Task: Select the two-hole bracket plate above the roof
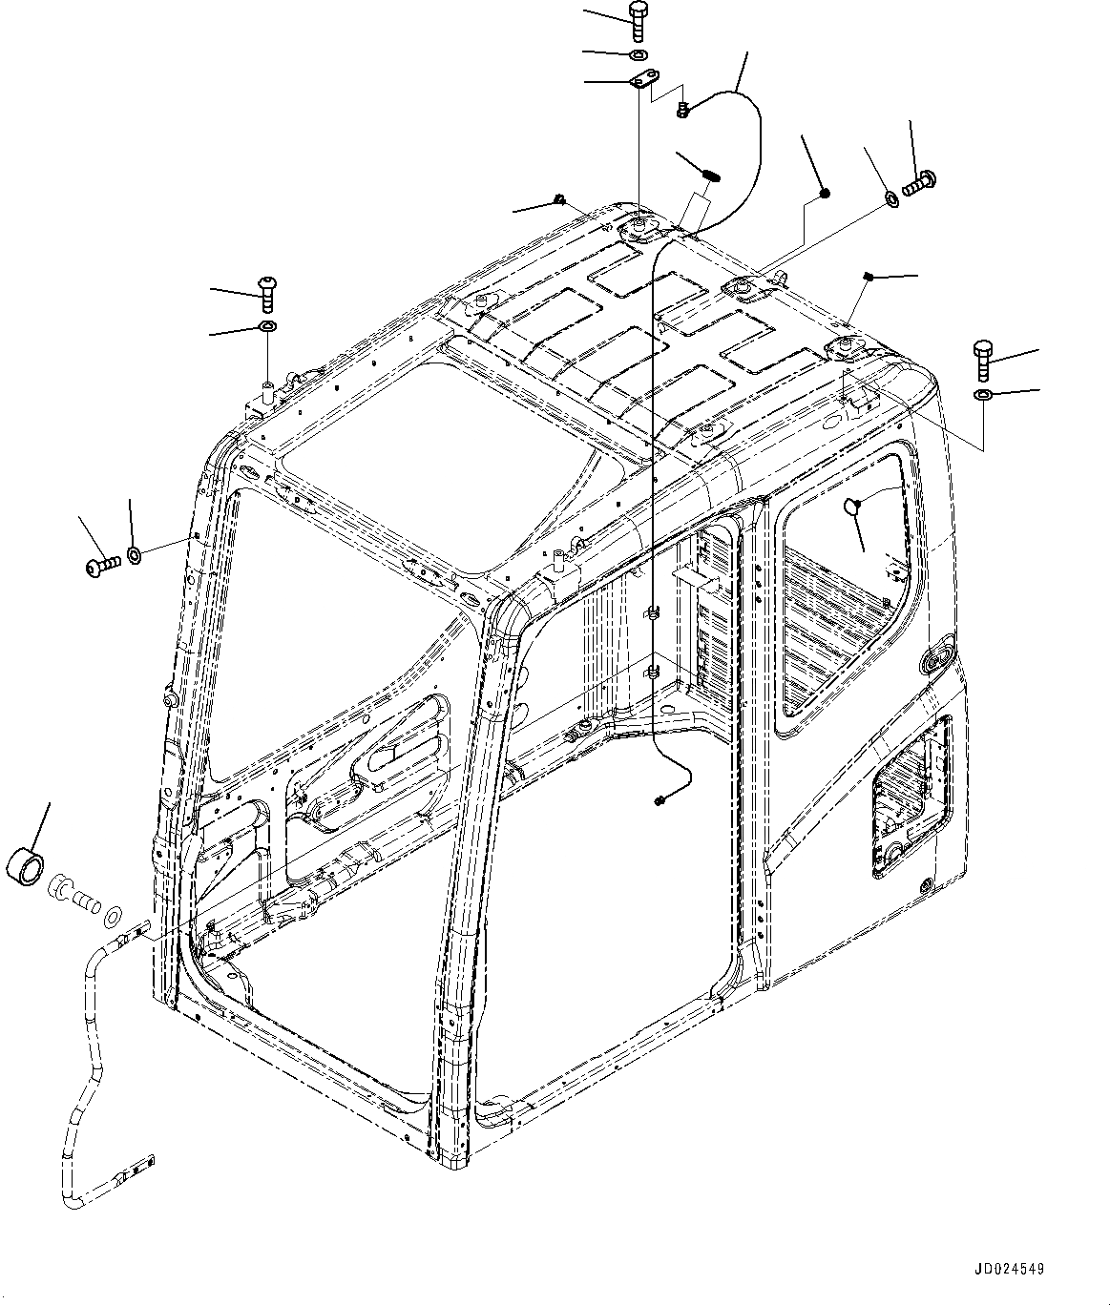[x=640, y=82]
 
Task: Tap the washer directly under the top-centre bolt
[x=638, y=52]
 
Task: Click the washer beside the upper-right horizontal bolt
[x=890, y=197]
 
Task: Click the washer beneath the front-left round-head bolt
[x=268, y=328]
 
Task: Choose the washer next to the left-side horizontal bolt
[x=135, y=554]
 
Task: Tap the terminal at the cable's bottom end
[x=660, y=798]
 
